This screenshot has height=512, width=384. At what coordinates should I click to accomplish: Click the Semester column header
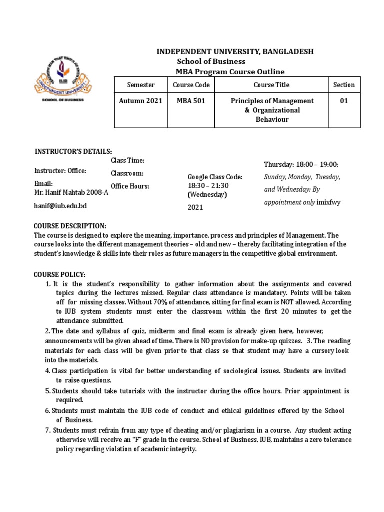[x=140, y=85]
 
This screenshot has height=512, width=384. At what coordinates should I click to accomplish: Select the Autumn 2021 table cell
[x=140, y=101]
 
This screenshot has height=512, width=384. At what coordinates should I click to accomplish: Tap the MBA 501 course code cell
[x=191, y=101]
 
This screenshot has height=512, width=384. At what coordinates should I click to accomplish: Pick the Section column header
[x=344, y=85]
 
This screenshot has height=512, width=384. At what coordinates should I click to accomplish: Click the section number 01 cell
[x=344, y=101]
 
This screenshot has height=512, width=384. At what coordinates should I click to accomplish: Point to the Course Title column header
[x=271, y=85]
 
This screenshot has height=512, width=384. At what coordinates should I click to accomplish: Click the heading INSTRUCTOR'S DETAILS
[x=73, y=152]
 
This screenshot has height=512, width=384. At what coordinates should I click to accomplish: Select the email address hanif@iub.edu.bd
[x=63, y=205]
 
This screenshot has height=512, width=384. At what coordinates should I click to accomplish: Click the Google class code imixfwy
[x=328, y=202]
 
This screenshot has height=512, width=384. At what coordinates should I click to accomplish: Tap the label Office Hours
[x=130, y=186]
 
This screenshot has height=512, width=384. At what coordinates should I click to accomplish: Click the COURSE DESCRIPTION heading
[x=70, y=226]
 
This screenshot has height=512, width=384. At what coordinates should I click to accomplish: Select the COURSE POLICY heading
[x=59, y=275]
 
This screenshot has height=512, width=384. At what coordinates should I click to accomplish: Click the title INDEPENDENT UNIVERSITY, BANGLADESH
[x=236, y=52]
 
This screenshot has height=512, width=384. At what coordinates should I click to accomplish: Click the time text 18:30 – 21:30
[x=205, y=185]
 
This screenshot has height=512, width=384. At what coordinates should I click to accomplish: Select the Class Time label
[x=127, y=160]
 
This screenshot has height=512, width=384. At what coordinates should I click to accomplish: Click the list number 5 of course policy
[x=48, y=391]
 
